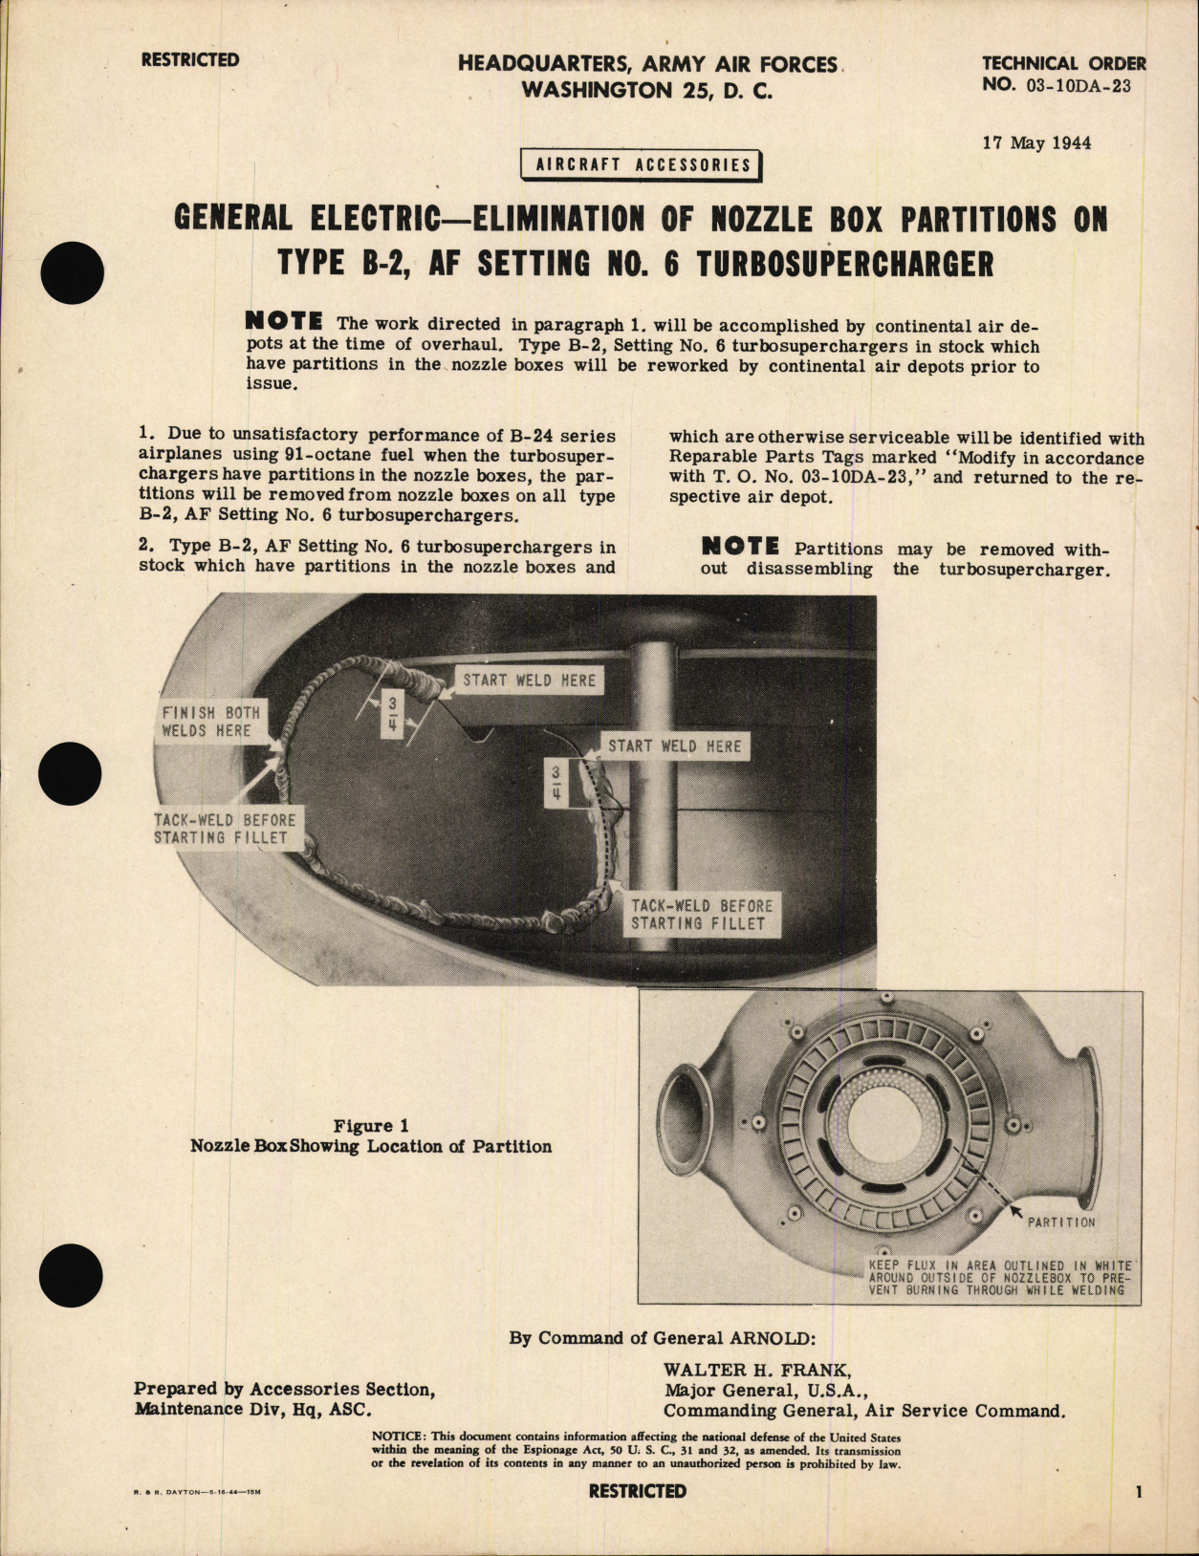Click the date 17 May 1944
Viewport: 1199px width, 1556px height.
1036,143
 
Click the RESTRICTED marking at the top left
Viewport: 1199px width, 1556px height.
190,60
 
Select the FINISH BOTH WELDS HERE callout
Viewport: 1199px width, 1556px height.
210,722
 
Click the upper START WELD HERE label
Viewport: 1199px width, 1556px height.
529,681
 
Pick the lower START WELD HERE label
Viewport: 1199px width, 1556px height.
674,746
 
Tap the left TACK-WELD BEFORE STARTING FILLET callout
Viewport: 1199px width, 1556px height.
225,829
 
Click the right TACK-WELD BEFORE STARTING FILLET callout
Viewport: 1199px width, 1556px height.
701,915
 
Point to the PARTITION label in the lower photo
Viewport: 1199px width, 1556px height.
1061,1221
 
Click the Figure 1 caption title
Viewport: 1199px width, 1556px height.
371,1126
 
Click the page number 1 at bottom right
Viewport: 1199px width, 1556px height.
1137,1491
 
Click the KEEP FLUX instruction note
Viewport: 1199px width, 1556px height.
999,1278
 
